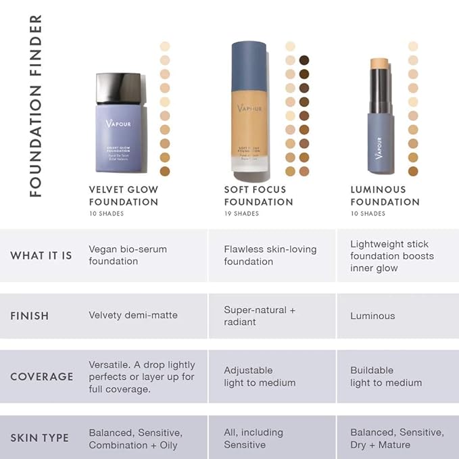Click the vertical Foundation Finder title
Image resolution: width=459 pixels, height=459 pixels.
(35, 105)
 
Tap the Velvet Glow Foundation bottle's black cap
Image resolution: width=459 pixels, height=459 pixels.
(118, 88)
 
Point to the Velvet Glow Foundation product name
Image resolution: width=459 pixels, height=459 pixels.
(124, 195)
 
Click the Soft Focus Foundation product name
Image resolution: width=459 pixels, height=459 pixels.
(258, 195)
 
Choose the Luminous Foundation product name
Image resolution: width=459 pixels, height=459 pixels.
(385, 195)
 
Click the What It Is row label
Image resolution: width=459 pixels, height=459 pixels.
(41, 256)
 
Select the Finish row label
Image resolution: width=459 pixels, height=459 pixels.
(30, 316)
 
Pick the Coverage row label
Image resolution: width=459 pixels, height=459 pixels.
(41, 377)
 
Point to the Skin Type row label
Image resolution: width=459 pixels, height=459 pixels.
(39, 438)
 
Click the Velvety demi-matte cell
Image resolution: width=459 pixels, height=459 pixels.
(133, 316)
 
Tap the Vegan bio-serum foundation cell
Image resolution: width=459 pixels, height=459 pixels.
(128, 255)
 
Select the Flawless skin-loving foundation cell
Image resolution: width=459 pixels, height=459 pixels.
(270, 255)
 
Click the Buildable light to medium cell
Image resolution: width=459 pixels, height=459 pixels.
(385, 377)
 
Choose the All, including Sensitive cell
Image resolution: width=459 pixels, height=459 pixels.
(253, 438)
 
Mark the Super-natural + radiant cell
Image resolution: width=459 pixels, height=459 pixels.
(260, 316)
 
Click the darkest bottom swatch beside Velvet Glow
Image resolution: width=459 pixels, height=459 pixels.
(164, 171)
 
